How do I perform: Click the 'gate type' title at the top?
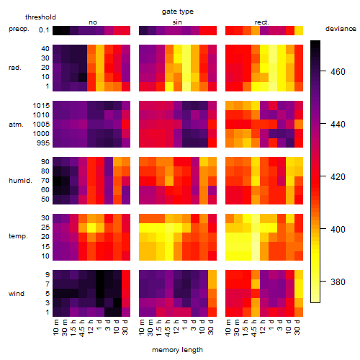(x=178, y=12)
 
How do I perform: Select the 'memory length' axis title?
(x=177, y=350)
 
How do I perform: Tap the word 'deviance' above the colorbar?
(x=341, y=29)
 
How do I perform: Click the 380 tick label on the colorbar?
(x=338, y=282)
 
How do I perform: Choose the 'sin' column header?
(x=177, y=22)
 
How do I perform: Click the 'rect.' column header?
(x=261, y=22)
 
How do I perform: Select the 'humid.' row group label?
(x=20, y=181)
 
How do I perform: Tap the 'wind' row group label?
(x=17, y=294)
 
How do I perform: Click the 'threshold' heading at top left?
(x=40, y=17)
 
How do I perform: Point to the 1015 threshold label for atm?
(x=41, y=106)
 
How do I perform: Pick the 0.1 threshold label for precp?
(x=44, y=30)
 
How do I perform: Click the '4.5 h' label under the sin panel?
(x=168, y=328)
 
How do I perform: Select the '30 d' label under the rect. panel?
(x=297, y=327)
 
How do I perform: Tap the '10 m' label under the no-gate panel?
(x=55, y=328)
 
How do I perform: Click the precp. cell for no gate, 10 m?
(x=57, y=30)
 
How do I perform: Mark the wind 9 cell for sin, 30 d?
(x=212, y=275)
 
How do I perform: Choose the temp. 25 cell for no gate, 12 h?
(x=91, y=228)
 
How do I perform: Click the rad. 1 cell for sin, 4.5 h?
(x=169, y=86)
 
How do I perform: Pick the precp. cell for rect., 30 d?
(x=299, y=30)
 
